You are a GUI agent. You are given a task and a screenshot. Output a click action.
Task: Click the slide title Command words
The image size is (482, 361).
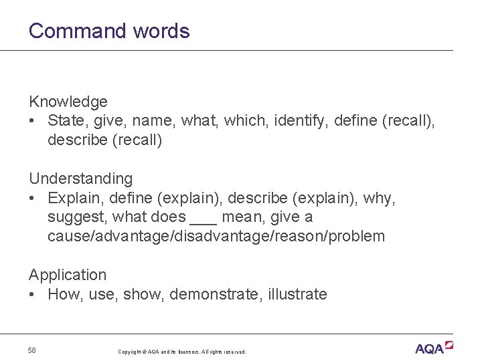tap(109, 31)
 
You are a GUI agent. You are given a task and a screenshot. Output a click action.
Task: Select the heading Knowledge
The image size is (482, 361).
tap(68, 102)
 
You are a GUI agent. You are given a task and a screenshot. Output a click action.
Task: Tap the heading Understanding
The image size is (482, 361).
tap(80, 178)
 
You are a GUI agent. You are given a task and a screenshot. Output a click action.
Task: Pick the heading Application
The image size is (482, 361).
tap(67, 275)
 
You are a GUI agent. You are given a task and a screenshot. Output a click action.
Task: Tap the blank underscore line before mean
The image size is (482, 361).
tap(204, 221)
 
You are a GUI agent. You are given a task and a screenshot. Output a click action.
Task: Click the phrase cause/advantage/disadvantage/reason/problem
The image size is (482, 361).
tap(216, 236)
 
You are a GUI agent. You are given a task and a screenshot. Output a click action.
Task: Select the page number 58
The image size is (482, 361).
tap(32, 350)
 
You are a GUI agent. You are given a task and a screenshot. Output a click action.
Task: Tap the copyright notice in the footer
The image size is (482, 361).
tap(181, 352)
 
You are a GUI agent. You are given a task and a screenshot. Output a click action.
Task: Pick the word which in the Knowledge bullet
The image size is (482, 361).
tap(245, 121)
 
